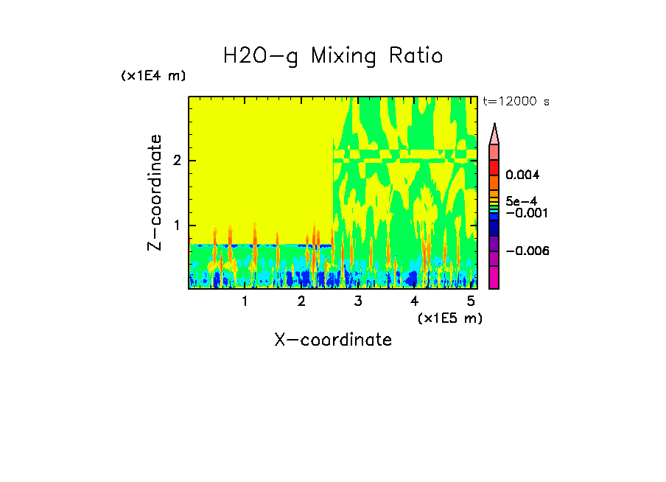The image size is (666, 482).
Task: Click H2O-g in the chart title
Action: click(x=262, y=56)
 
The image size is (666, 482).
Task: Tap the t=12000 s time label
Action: click(x=516, y=102)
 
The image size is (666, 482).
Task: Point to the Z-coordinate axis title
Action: click(x=155, y=192)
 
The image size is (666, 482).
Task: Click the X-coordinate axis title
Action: click(x=333, y=340)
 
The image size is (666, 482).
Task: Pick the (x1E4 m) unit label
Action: click(x=153, y=76)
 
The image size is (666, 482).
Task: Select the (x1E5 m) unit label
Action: click(x=449, y=318)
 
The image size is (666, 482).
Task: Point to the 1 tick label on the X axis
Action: click(x=245, y=301)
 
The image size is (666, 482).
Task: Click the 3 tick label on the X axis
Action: click(x=358, y=301)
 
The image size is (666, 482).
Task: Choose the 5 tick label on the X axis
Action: click(x=471, y=301)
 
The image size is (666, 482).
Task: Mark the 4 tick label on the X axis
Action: click(x=414, y=301)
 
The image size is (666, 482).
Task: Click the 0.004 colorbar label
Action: click(x=523, y=175)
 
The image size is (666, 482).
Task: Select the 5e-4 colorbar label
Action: click(x=521, y=200)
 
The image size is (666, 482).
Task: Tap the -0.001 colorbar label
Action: click(x=525, y=212)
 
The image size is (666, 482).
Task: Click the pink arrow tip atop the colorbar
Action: click(x=494, y=133)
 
